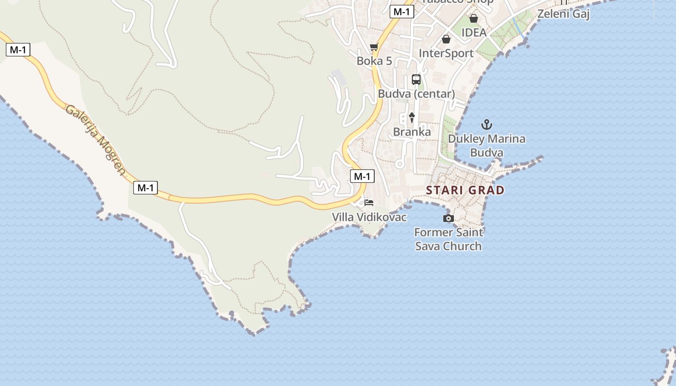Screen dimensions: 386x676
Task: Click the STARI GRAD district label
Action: click(465, 190)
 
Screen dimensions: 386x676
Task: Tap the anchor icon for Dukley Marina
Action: click(487, 125)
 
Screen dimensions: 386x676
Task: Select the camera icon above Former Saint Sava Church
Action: click(449, 219)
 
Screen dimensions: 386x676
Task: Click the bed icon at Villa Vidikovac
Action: click(369, 203)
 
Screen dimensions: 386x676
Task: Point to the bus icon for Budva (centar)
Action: click(416, 80)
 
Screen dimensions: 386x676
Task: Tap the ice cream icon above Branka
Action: click(412, 117)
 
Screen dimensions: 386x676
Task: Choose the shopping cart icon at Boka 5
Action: click(374, 47)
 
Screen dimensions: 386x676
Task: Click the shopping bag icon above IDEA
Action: click(474, 19)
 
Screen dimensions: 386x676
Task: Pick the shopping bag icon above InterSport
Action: click(446, 39)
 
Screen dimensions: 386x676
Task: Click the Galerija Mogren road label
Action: click(96, 139)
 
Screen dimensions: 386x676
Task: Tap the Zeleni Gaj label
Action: click(563, 14)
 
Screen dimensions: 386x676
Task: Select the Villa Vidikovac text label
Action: click(369, 217)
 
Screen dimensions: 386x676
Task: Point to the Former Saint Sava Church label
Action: click(449, 239)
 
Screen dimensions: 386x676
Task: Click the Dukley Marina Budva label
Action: click(487, 146)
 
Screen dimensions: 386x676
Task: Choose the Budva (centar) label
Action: click(416, 94)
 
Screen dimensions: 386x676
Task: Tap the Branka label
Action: click(412, 132)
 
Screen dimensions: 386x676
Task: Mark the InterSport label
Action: click(446, 53)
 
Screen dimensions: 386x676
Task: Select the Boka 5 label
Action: click(374, 61)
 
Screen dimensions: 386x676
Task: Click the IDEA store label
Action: click(474, 32)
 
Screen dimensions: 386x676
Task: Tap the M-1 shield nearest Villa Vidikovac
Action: click(362, 177)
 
